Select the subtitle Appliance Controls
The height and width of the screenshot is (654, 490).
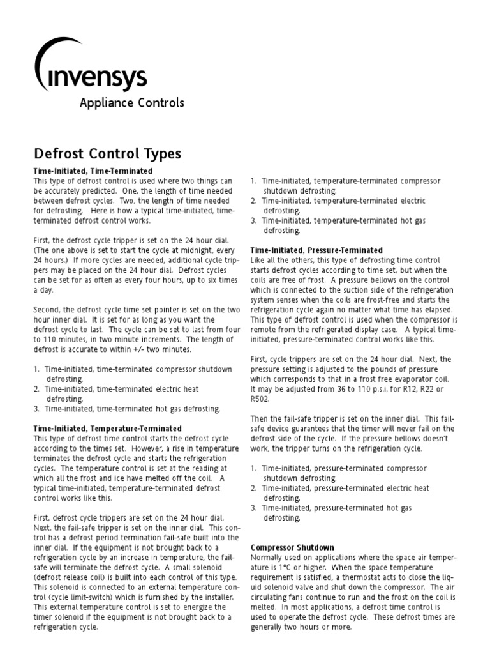[x=131, y=103]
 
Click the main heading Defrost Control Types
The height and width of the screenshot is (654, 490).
[x=107, y=154]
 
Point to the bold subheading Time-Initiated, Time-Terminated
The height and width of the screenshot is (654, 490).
[x=93, y=171]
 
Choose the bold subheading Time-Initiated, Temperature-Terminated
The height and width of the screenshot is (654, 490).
[x=107, y=428]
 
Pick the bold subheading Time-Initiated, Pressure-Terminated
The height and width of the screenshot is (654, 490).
[x=316, y=250]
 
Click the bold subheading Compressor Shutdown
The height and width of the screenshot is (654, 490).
[x=292, y=547]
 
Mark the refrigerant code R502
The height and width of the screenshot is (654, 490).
[x=260, y=399]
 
